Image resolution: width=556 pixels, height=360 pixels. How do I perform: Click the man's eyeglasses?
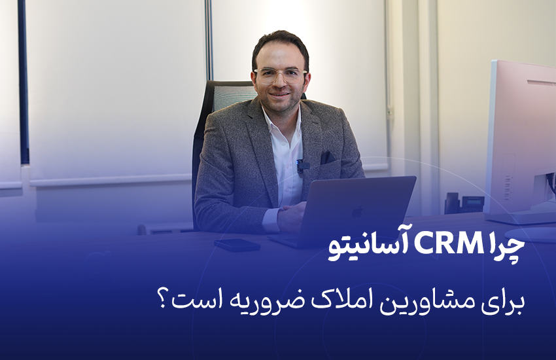pyautogui.click(x=281, y=74)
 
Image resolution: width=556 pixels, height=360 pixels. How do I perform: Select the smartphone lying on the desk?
pyautogui.click(x=236, y=245)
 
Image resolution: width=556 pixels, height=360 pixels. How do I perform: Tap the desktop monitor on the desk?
pyautogui.click(x=520, y=137)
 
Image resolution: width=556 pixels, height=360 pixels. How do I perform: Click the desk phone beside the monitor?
pyautogui.click(x=463, y=203)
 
